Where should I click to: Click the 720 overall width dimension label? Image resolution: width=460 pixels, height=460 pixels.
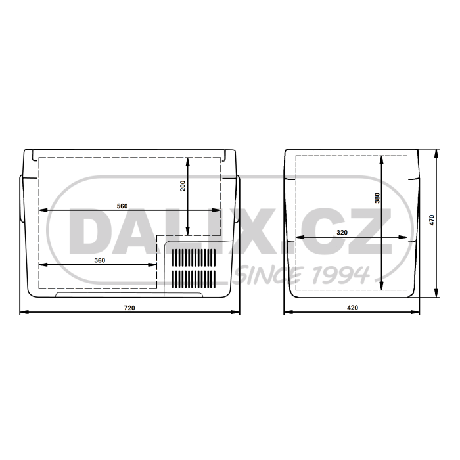[129, 308]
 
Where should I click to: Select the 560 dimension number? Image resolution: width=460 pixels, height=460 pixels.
[122, 206]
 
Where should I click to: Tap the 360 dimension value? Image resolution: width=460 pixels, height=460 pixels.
[100, 260]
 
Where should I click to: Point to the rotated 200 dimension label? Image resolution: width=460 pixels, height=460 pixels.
[183, 186]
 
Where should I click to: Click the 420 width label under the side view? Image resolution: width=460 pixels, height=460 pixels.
[352, 308]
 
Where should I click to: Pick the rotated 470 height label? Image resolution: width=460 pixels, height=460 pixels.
[432, 220]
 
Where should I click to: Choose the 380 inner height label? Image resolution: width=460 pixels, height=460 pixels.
[377, 198]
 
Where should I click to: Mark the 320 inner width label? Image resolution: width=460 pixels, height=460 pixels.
[342, 233]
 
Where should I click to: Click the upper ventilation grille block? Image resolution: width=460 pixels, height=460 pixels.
[194, 258]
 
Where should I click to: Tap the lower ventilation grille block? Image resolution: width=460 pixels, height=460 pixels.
[194, 279]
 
